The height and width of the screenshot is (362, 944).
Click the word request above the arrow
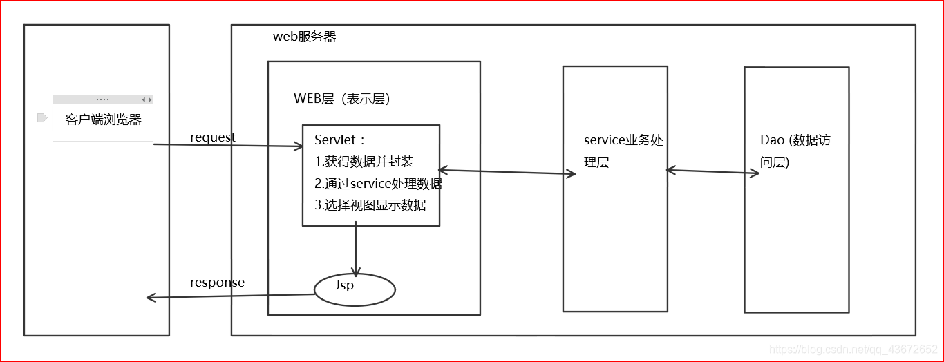(213, 137)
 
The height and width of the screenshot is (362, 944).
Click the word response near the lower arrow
(217, 283)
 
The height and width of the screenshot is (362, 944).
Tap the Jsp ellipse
(355, 289)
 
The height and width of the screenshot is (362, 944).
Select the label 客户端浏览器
(104, 120)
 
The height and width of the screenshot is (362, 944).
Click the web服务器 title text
(305, 37)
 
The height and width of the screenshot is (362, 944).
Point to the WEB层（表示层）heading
(342, 99)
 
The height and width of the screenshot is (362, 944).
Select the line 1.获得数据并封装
(364, 162)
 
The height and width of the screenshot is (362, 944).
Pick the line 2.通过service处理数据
(378, 184)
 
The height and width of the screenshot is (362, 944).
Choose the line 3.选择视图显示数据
(370, 205)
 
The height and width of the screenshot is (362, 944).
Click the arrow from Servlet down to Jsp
(356, 249)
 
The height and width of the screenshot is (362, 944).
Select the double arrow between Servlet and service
(507, 171)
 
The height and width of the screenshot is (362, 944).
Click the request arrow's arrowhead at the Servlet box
(299, 146)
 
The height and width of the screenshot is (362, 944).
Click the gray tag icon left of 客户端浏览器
(41, 118)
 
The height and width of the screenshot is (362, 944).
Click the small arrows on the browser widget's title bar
(146, 99)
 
